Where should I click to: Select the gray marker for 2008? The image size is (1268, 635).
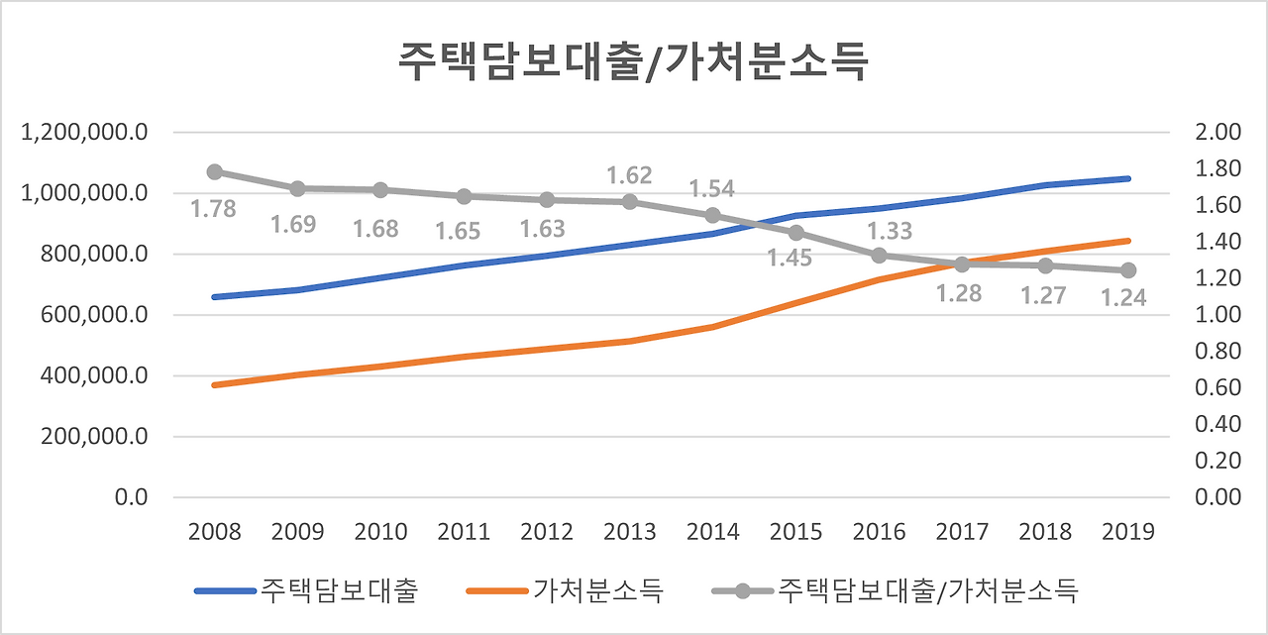tap(214, 172)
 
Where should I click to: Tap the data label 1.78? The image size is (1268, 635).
tap(214, 209)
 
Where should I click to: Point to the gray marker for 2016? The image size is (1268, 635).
tap(879, 256)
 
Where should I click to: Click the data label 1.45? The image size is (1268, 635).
tap(790, 258)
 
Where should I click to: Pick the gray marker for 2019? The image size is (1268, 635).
tap(1128, 270)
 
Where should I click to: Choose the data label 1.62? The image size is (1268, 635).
tap(629, 176)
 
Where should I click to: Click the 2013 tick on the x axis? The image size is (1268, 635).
tap(629, 532)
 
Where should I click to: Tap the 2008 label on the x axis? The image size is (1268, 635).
tap(214, 532)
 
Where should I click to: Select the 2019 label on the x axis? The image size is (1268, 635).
tap(1128, 532)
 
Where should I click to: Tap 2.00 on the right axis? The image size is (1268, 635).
tap(1219, 133)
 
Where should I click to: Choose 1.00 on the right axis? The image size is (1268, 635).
tap(1219, 315)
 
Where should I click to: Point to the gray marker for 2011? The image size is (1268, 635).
tap(464, 196)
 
